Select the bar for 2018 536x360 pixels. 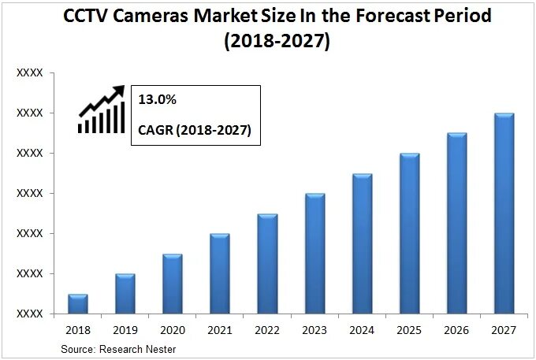point(77,304)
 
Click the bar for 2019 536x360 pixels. point(125,294)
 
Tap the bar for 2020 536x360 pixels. point(173,284)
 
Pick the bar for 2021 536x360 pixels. point(220,273)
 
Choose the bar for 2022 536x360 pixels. point(267,264)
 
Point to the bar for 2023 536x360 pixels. point(315,254)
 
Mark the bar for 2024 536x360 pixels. point(363,243)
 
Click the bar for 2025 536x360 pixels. point(410,233)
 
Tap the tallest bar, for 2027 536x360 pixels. point(504,213)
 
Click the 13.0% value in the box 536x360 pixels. point(156,101)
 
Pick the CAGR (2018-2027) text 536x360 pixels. point(194,130)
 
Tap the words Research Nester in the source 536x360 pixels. point(139,348)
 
